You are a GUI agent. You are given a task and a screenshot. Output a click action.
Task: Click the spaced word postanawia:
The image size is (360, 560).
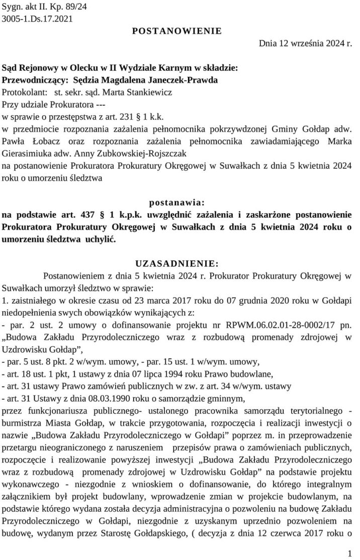tap(176, 203)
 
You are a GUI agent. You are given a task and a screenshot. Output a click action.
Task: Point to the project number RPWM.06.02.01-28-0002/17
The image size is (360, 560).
tap(282, 324)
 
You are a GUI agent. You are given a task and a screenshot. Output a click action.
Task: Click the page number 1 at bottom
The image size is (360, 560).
tap(349, 553)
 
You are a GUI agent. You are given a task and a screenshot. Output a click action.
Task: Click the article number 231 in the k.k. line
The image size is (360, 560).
tap(128, 116)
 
